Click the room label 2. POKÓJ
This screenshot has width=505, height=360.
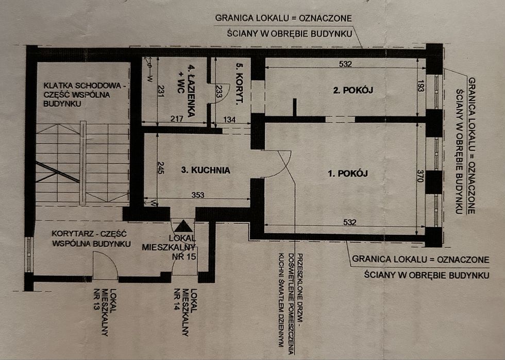click(353, 90)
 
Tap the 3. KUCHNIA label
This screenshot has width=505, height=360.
click(206, 170)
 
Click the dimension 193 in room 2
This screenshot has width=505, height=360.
click(420, 85)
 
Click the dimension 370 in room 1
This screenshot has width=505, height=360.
click(420, 176)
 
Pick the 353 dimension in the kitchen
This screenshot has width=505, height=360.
click(198, 195)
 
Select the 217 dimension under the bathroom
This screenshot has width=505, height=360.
click(177, 119)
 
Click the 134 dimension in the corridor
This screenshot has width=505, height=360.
click(229, 120)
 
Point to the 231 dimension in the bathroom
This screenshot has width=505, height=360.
click(161, 91)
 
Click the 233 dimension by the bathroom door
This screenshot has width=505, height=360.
click(218, 91)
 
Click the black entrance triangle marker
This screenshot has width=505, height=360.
click(184, 227)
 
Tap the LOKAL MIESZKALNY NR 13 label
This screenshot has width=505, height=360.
click(105, 312)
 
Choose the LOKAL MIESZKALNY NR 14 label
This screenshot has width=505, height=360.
click(185, 312)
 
